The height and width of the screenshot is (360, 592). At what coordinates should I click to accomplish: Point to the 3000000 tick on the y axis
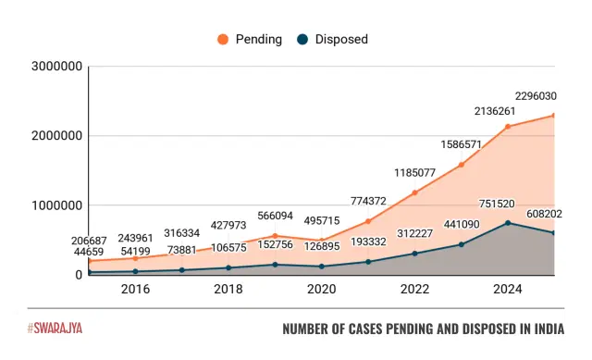[x=57, y=67]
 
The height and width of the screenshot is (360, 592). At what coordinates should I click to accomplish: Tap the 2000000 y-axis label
[x=57, y=136]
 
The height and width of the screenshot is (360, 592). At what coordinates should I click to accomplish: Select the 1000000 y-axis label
[x=57, y=205]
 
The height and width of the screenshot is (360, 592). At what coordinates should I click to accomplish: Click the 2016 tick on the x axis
[x=135, y=290]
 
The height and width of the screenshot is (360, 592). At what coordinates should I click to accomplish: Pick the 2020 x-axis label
[x=321, y=290]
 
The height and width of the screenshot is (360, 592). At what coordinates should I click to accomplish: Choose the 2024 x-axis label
[x=507, y=290]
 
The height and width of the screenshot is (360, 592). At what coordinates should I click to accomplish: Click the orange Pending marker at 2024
[x=507, y=127]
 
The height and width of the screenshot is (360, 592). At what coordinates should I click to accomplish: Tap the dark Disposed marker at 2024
[x=507, y=223]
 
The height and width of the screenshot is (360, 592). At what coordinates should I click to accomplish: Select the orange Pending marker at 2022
[x=414, y=192]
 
